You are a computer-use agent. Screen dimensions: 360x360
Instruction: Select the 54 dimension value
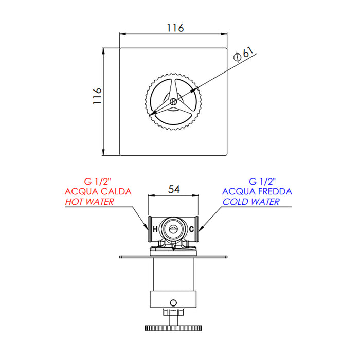pyautogui.click(x=173, y=190)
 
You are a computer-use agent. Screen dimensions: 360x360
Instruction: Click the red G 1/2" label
pyautogui.click(x=97, y=182)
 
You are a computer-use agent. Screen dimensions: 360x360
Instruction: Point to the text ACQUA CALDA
pyautogui.click(x=98, y=191)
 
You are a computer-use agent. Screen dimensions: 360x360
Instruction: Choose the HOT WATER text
pyautogui.click(x=89, y=202)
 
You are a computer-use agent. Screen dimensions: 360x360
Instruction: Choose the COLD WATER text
pyautogui.click(x=251, y=202)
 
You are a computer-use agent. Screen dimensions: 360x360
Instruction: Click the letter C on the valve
pyautogui.click(x=191, y=229)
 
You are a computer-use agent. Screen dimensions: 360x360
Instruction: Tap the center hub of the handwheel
pyautogui.click(x=173, y=102)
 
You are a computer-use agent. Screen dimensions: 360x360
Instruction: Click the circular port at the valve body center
pyautogui.click(x=173, y=228)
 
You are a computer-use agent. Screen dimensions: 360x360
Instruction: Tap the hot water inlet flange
pyautogui.click(x=148, y=229)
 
